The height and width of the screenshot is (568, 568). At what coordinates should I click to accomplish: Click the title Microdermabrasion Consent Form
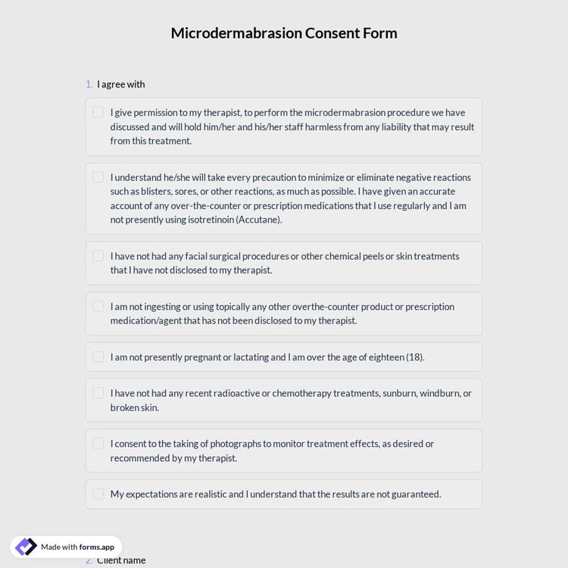point(284,33)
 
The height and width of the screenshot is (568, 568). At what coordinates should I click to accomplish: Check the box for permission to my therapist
point(98,112)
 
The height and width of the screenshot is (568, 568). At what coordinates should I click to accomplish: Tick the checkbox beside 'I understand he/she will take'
point(98,177)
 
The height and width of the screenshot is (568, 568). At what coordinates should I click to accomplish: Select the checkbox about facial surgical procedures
point(98,256)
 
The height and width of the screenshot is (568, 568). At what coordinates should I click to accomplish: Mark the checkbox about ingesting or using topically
point(98,307)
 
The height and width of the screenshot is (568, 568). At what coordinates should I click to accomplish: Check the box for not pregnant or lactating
point(98,357)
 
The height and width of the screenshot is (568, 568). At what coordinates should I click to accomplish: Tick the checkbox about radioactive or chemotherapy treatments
point(98,393)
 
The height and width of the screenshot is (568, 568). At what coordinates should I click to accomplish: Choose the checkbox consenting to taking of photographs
point(98,444)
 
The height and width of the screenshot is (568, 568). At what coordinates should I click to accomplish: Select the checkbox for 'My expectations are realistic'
point(98,494)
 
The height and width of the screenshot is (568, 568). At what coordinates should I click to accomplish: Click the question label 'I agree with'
point(120,84)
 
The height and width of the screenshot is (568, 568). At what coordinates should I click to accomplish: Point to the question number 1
point(89,84)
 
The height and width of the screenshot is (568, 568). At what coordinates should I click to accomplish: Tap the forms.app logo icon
point(26,547)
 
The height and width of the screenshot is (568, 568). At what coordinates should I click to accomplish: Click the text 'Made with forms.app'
point(77,547)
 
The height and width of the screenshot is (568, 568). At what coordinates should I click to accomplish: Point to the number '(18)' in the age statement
point(415,357)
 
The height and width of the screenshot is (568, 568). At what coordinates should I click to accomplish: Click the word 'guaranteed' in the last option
point(415,494)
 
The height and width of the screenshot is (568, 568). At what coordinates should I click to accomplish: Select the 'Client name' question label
point(121,560)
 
